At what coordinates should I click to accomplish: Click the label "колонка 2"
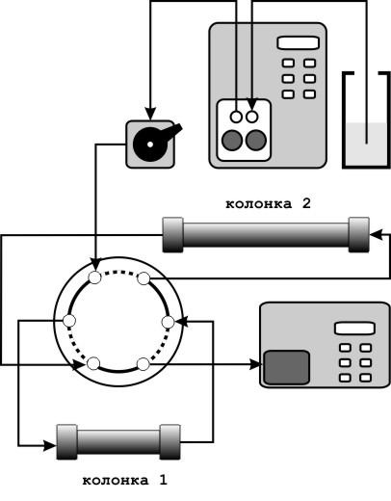[x=268, y=203]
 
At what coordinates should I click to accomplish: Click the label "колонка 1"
[x=125, y=481]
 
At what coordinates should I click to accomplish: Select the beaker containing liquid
[x=366, y=120]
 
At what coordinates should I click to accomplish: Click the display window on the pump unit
[x=299, y=42]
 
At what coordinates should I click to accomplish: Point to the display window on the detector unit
[x=354, y=329]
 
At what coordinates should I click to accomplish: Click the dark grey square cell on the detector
[x=287, y=367]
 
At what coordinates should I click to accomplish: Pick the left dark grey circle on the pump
[x=232, y=141]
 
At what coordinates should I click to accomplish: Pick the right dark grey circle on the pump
[x=256, y=141]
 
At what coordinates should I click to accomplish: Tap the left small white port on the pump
[x=236, y=117]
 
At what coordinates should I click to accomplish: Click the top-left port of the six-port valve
[x=94, y=277]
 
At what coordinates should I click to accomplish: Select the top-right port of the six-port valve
[x=143, y=278]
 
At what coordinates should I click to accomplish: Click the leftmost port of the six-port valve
[x=69, y=321]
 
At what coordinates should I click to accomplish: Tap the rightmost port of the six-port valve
[x=168, y=322]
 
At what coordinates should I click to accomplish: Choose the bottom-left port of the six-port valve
[x=93, y=364]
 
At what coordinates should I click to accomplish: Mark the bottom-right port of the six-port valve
[x=143, y=364]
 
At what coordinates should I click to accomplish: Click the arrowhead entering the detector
[x=255, y=364]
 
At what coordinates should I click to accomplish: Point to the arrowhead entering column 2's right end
[x=376, y=235]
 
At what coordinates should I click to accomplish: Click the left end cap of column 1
[x=66, y=442]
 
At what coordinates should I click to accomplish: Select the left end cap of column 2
[x=173, y=235]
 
